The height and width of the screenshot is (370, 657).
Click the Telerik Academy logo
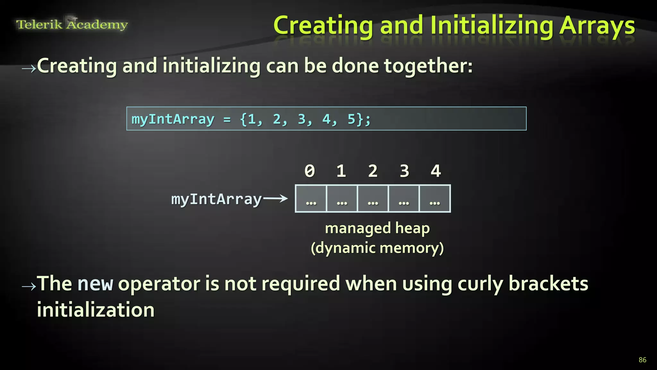point(72,24)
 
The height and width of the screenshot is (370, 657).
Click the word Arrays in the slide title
point(597,26)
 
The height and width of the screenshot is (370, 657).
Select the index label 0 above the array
point(310,171)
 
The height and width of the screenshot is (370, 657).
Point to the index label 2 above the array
point(373,171)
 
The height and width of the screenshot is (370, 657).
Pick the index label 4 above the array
point(436,171)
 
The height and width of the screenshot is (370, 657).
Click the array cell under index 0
point(311,199)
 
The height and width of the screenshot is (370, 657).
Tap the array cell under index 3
point(404,199)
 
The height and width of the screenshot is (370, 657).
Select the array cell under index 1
point(342,199)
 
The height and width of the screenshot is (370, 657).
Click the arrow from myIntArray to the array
point(275,198)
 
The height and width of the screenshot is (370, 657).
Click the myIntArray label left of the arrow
point(217,199)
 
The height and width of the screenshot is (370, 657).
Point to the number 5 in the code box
point(352,119)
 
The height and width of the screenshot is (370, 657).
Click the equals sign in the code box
point(227,119)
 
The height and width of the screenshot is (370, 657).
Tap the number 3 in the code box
point(302,119)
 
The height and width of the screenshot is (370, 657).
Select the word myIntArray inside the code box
point(173,119)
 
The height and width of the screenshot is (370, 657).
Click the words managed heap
point(377,228)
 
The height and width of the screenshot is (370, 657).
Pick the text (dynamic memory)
point(377,248)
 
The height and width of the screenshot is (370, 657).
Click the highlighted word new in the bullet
point(95,284)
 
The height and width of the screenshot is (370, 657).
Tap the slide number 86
point(642,360)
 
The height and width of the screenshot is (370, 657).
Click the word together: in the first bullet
point(428,66)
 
